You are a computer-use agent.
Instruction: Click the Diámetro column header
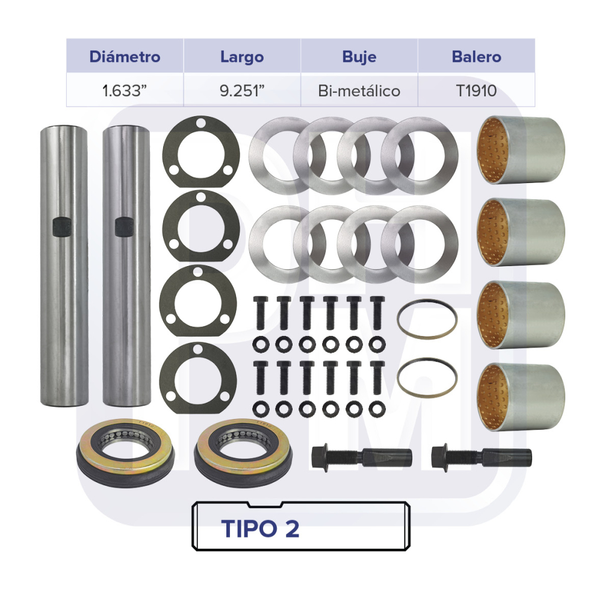pyautogui.click(x=125, y=57)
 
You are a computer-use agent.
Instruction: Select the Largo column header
pyautogui.click(x=242, y=57)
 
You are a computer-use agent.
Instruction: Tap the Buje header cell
pyautogui.click(x=359, y=57)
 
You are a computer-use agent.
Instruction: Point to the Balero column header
pyautogui.click(x=476, y=57)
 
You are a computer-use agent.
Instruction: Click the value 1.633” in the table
pyautogui.click(x=125, y=91)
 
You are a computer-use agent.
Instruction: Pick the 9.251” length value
pyautogui.click(x=242, y=91)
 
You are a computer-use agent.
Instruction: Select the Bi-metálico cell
pyautogui.click(x=359, y=91)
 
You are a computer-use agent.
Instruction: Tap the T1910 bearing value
pyautogui.click(x=476, y=91)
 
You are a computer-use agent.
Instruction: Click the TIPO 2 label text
pyautogui.click(x=260, y=529)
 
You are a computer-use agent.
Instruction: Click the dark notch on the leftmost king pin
pyautogui.click(x=62, y=226)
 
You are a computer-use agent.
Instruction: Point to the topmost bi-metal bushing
pyautogui.click(x=521, y=150)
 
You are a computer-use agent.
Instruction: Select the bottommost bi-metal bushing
pyautogui.click(x=521, y=397)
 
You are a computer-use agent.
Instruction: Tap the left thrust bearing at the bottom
pyautogui.click(x=125, y=453)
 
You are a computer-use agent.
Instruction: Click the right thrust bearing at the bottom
pyautogui.click(x=243, y=453)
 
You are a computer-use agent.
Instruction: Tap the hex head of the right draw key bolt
pyautogui.click(x=441, y=456)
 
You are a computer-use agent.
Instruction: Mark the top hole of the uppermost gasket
pyautogui.click(x=201, y=123)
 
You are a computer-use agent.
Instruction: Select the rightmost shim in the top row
pyautogui.click(x=420, y=155)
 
